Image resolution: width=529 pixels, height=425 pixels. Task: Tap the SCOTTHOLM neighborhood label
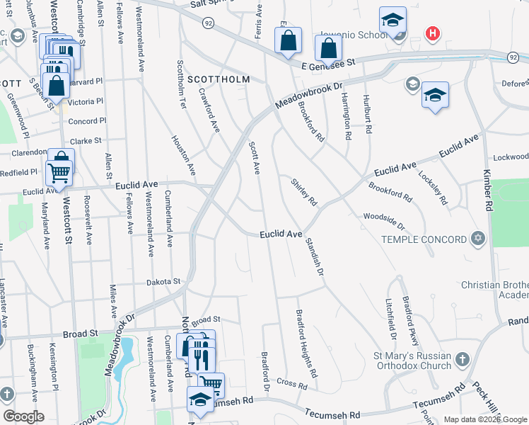tap(217, 80)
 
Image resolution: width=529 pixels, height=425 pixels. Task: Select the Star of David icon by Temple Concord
tap(477, 239)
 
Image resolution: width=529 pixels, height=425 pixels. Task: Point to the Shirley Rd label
tap(304, 191)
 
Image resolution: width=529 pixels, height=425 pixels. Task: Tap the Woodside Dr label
tap(384, 221)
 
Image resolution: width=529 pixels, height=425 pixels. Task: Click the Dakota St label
tap(163, 282)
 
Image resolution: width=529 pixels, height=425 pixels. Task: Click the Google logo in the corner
tap(23, 416)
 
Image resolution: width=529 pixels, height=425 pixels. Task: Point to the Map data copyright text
tap(485, 419)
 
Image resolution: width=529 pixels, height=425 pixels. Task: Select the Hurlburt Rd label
tap(366, 113)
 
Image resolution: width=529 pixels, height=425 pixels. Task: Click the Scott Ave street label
tap(255, 157)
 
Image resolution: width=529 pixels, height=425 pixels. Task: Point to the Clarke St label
tap(86, 141)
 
